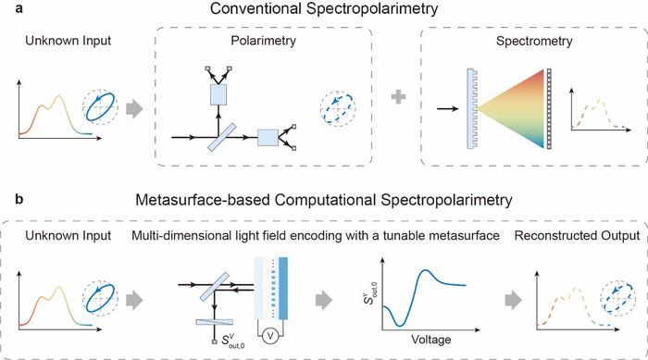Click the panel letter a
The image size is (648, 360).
[19, 7]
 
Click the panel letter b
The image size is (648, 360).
[19, 199]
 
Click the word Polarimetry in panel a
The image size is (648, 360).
[263, 41]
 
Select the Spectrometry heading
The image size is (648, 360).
[534, 41]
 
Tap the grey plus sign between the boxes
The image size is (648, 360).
[398, 97]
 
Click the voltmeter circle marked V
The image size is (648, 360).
[270, 336]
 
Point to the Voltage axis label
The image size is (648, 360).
[430, 340]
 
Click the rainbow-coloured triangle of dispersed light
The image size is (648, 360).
[510, 108]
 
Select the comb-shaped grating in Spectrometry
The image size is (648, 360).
[472, 108]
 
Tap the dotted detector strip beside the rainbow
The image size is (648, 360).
[549, 108]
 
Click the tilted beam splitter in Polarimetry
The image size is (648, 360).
[221, 137]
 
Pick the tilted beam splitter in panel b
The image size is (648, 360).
[214, 287]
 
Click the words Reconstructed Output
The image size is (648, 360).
[577, 236]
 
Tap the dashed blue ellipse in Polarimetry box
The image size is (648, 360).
[338, 108]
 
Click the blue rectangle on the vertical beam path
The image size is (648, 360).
[218, 94]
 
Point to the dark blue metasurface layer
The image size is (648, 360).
[283, 289]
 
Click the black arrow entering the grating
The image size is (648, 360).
[448, 108]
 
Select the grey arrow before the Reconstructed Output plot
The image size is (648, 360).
[514, 300]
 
